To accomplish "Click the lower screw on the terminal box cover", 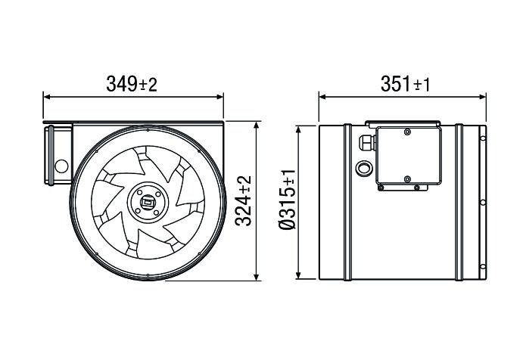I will pyautogui.click(x=408, y=179).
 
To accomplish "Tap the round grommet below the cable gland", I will pyautogui.click(x=364, y=165).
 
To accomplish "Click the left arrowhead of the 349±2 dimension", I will pyautogui.click(x=46, y=97).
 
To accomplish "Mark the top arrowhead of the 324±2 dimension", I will pyautogui.click(x=260, y=123).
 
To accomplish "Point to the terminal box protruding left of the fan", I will pyautogui.click(x=58, y=155).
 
